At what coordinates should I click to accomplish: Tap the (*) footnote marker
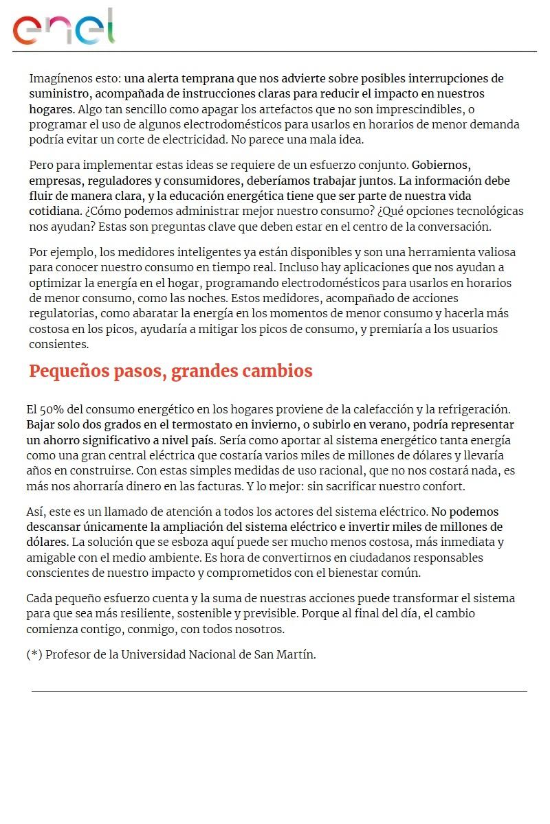(34, 654)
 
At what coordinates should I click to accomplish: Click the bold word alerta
(171, 79)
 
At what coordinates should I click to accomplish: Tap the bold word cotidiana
(56, 211)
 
